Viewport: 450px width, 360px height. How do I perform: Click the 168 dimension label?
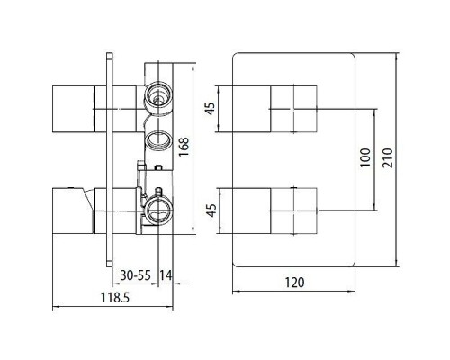(183, 147)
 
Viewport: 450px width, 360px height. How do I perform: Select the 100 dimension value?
(364, 157)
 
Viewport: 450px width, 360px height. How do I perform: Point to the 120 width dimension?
(294, 283)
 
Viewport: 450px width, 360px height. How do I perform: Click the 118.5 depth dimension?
(115, 298)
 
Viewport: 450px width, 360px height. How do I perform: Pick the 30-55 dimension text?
(135, 275)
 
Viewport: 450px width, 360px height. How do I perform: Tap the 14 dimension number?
(166, 275)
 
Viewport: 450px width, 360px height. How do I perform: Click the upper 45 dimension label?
(211, 109)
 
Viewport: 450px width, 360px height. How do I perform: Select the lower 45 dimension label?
(211, 211)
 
